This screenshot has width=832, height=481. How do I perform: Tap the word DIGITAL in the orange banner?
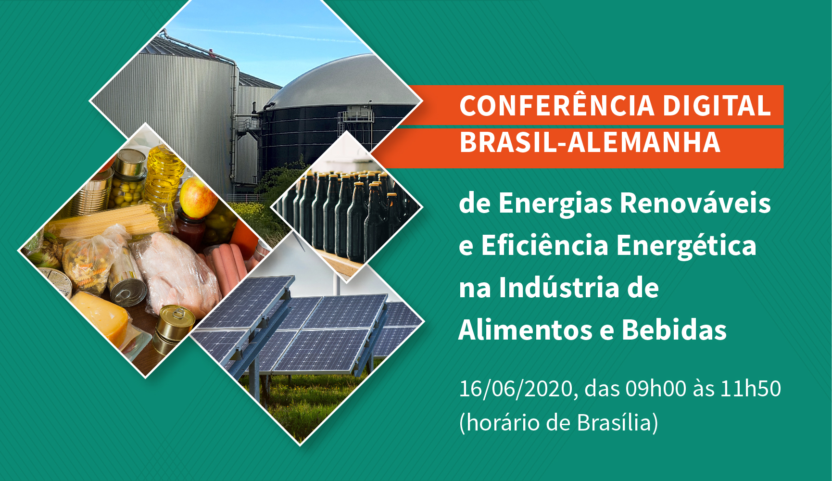tap(717, 105)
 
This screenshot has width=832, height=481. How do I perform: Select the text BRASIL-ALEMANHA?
tap(590, 142)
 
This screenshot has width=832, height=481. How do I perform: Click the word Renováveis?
tap(695, 203)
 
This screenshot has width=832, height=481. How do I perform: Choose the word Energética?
tap(686, 245)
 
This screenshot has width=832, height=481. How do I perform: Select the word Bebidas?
tap(674, 330)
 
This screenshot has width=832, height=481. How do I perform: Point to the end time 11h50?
tap(750, 388)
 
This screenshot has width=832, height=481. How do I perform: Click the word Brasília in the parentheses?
tap(614, 422)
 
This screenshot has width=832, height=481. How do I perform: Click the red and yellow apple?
tap(198, 197)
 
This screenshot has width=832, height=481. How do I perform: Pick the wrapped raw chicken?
tap(178, 274)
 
